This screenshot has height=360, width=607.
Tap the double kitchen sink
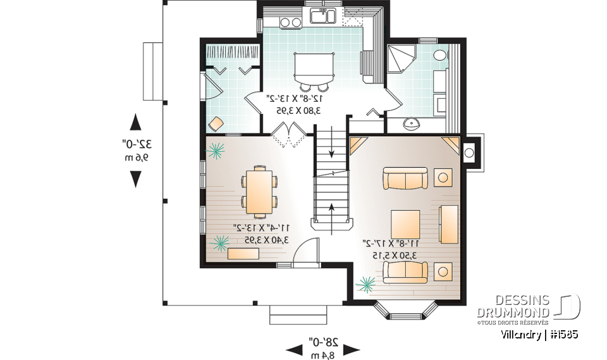click(321, 16)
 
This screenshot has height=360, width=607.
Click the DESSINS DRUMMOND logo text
click(513, 306)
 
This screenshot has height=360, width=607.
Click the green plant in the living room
click(365, 284)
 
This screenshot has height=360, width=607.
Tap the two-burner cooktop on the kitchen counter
click(290, 22)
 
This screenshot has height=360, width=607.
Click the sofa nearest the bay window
click(405, 271)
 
